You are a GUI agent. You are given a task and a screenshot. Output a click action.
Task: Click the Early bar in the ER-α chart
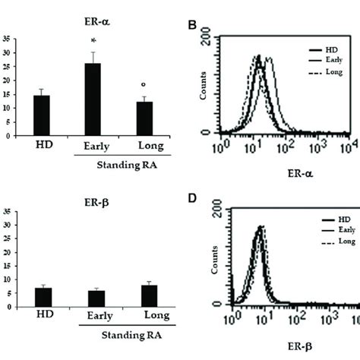[92, 99]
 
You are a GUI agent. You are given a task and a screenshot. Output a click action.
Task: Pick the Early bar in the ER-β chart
[92, 298]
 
